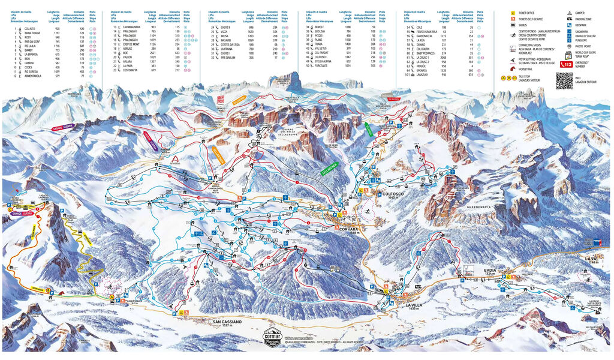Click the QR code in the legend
pos(564,80)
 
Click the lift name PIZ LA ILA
pos(29,44)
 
